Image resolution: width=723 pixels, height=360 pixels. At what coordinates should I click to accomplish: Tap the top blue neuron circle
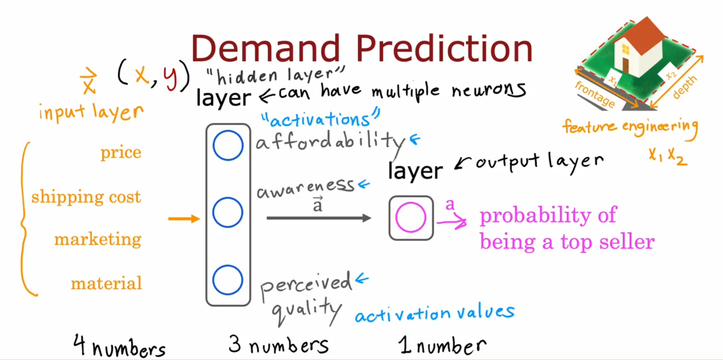(x=228, y=131)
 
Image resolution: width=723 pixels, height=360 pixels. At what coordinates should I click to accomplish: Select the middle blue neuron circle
(x=228, y=198)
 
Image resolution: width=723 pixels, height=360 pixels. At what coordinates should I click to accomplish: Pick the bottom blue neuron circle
(x=228, y=266)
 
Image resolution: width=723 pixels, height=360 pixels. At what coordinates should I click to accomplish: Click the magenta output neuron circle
(x=411, y=203)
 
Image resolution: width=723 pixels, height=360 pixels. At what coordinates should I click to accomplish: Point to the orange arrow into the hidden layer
(x=184, y=218)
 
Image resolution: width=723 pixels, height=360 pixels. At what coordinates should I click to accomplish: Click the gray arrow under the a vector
(x=319, y=218)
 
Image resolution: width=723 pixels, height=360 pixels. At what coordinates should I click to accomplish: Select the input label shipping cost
(x=86, y=197)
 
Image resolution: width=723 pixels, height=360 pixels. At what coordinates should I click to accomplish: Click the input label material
(x=106, y=283)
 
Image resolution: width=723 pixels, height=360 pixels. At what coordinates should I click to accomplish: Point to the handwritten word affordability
(x=330, y=142)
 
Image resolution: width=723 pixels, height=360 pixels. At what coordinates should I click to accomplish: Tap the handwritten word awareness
(x=305, y=188)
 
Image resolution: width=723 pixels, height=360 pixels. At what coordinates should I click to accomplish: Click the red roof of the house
(x=643, y=34)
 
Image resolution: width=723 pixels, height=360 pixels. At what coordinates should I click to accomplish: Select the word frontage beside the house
(x=595, y=94)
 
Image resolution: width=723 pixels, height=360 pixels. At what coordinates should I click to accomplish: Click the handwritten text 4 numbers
(x=119, y=346)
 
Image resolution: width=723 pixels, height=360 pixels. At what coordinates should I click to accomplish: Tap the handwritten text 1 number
(x=442, y=345)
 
